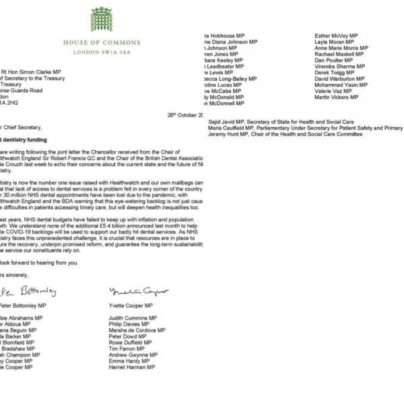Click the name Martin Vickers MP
(338, 98)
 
